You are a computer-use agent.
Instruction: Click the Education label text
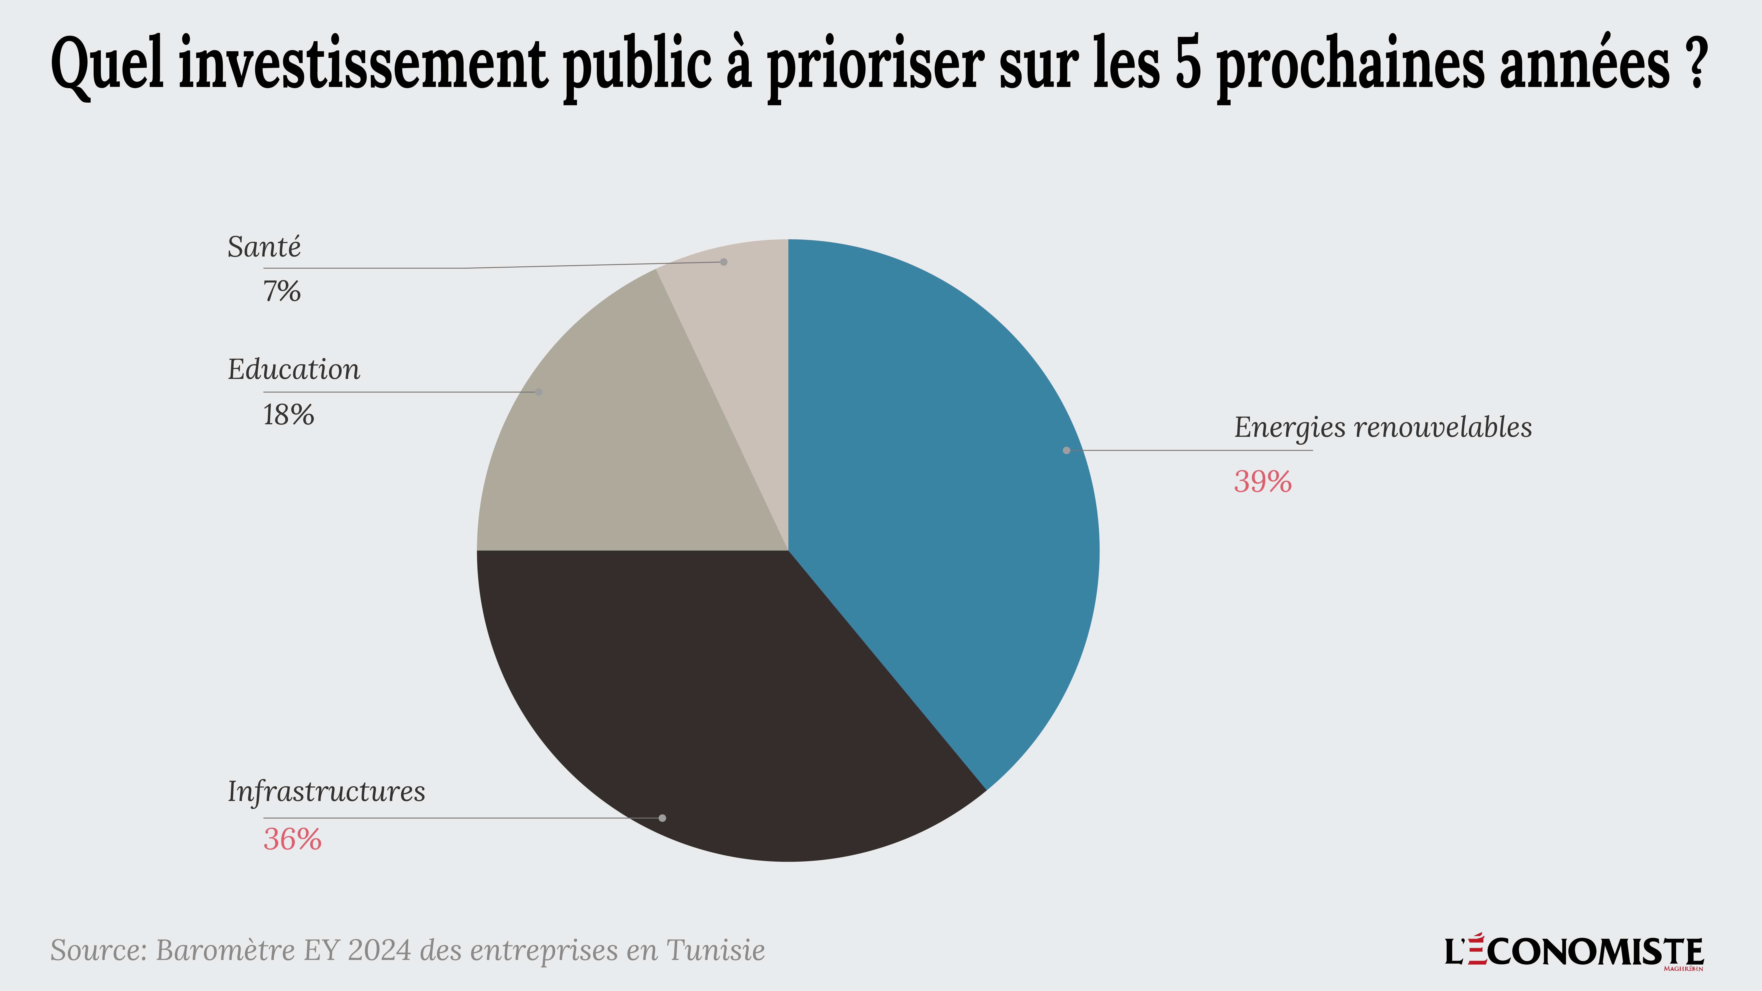[x=293, y=370]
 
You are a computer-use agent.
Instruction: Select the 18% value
[x=288, y=415]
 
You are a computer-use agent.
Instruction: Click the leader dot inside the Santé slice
[x=724, y=262]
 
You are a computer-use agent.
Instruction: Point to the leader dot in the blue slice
[x=1066, y=450]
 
